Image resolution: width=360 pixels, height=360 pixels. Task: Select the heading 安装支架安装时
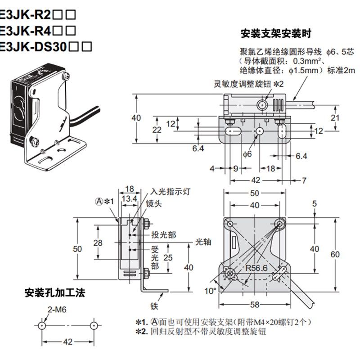coord(276,34)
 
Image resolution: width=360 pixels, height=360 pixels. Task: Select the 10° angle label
coord(210,291)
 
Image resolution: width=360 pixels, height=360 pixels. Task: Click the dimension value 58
coord(255,305)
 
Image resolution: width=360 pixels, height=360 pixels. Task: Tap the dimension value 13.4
coord(130,199)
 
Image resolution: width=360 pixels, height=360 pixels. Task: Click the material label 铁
coord(154,307)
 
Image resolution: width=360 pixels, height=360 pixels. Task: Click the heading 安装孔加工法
coord(54,293)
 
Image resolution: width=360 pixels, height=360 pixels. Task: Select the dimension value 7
coord(304,180)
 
